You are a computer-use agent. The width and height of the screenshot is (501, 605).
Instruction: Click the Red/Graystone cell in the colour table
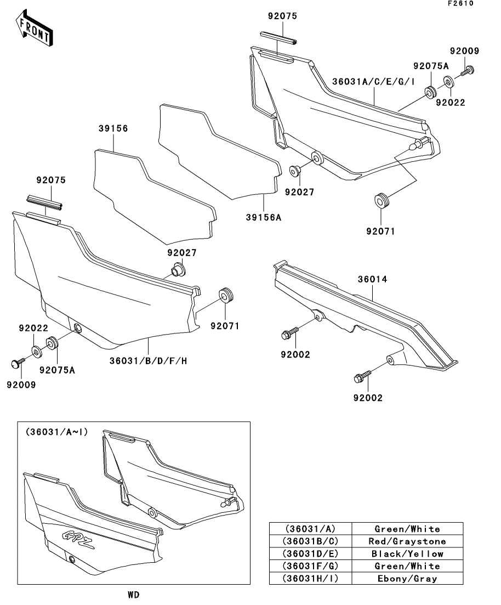[x=407, y=541]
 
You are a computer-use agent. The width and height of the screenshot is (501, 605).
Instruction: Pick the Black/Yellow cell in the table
[x=407, y=554]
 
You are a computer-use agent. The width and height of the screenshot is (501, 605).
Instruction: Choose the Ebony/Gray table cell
[x=407, y=579]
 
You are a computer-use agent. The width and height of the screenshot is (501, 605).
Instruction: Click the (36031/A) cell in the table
[x=310, y=529]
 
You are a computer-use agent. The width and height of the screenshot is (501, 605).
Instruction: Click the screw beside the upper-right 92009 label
[x=468, y=70]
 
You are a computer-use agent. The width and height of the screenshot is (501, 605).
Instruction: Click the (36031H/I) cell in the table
[x=310, y=579]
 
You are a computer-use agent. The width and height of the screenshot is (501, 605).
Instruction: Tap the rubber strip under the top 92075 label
[x=279, y=38]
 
